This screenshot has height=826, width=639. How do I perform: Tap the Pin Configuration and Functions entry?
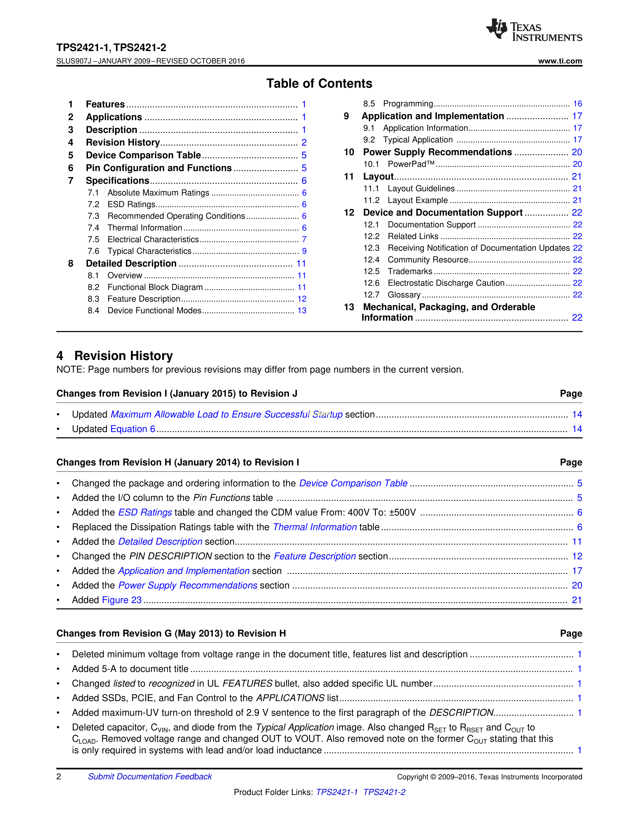159,168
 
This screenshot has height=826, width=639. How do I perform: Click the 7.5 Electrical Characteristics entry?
153,239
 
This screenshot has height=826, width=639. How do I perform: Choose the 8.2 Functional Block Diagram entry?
155,287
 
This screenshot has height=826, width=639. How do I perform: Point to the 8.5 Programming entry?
408,104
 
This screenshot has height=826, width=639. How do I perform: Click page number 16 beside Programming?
577,104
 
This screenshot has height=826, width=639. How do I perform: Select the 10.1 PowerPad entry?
411,164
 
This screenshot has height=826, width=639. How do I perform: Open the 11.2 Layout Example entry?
417,200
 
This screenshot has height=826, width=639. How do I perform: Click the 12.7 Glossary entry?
404,295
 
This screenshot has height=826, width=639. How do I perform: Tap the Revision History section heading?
123,356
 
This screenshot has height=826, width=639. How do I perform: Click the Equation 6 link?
133,429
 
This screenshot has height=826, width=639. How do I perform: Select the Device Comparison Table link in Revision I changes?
353,483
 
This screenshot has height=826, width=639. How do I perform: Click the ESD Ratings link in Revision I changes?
145,512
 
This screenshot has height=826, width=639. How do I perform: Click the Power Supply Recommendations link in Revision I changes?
188,585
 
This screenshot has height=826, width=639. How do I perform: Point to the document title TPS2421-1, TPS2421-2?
111,48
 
